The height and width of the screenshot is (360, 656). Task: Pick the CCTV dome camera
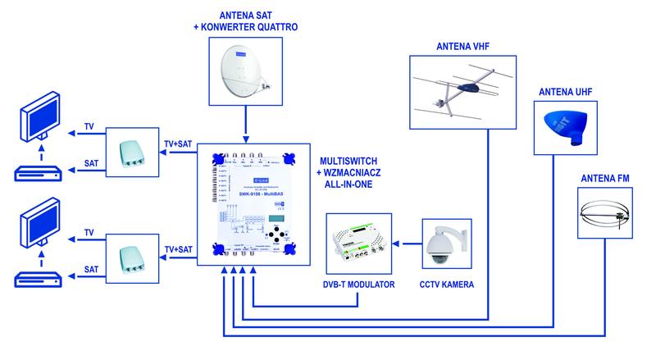coord(444,244)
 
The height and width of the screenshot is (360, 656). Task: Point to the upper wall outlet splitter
coord(132,148)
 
